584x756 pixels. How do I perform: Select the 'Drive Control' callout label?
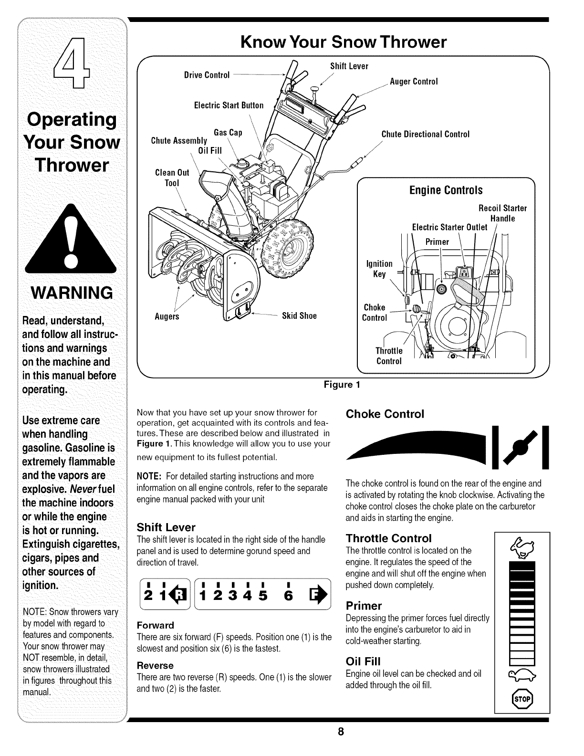pos(207,75)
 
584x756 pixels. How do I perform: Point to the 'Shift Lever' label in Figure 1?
pos(349,66)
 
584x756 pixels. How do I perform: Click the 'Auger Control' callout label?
pos(414,82)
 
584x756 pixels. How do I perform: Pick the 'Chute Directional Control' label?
pos(426,134)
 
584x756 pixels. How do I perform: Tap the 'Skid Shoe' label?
pos(299,316)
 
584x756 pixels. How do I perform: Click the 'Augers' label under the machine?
pos(167,316)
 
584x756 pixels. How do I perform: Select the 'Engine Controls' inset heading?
pos(446,190)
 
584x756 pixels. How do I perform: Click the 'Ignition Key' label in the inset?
pos(379,269)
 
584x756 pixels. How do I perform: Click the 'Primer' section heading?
pos(364,606)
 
